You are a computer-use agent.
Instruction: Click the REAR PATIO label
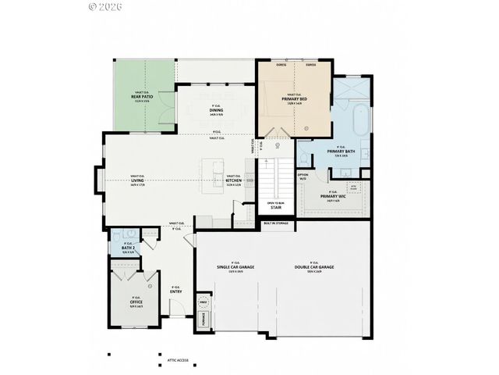(x=140, y=98)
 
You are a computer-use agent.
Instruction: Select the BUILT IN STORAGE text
(x=276, y=223)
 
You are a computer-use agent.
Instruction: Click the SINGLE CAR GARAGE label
(x=235, y=267)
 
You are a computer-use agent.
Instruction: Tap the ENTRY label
(x=176, y=291)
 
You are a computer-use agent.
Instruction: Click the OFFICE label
(x=136, y=302)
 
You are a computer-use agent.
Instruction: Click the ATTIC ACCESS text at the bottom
(x=177, y=361)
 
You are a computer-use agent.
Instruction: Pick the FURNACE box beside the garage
(x=205, y=319)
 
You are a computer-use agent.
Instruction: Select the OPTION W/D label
(x=303, y=177)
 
